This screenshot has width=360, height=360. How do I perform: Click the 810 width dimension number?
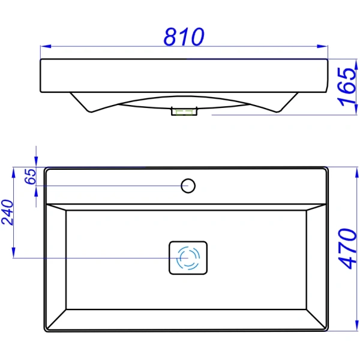point(184,37)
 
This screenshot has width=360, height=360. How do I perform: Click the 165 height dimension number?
point(347,86)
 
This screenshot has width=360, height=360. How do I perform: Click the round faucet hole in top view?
point(188,185)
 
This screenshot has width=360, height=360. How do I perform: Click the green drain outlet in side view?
point(184,111)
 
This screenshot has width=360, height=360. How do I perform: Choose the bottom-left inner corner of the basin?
point(65,310)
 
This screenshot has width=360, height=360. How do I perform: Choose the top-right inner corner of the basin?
point(311,210)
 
